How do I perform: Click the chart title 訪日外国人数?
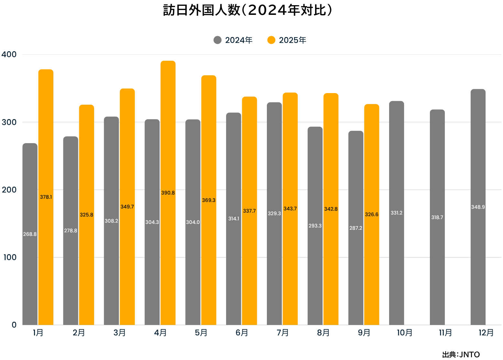[247, 10]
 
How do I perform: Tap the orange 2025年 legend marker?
[271, 40]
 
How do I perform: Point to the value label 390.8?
[168, 193]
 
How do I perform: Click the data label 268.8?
[30, 234]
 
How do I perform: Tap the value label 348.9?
[478, 207]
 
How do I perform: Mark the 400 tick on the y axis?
[9, 54]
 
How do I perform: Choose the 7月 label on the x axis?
[282, 333]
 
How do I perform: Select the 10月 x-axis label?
[405, 333]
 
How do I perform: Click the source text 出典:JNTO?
[461, 355]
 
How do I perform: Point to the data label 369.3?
[209, 200]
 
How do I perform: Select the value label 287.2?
[356, 228]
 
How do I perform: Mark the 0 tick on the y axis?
[14, 325]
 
